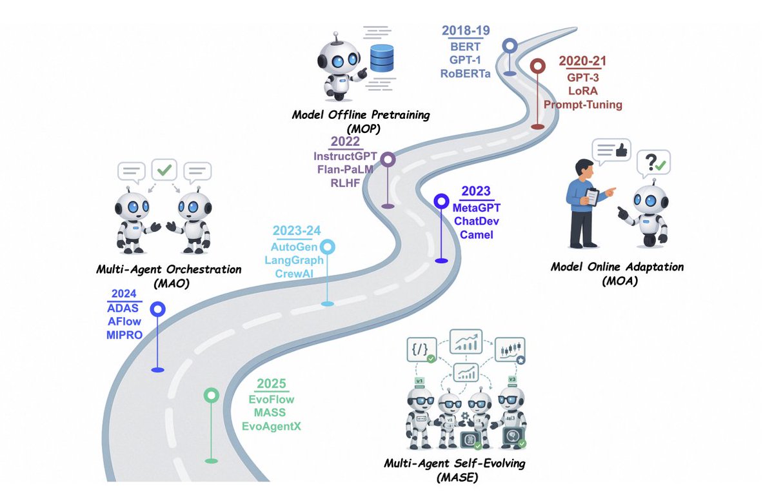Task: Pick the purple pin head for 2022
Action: [x=388, y=159]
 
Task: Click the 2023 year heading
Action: [x=476, y=192]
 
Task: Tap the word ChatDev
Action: [x=476, y=221]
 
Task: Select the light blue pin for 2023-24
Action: [x=328, y=247]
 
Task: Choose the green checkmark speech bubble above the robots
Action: [x=164, y=170]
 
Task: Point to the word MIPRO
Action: [x=124, y=334]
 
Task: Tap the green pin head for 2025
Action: [x=211, y=395]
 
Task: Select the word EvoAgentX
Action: [x=271, y=426]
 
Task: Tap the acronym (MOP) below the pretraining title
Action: [x=361, y=128]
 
